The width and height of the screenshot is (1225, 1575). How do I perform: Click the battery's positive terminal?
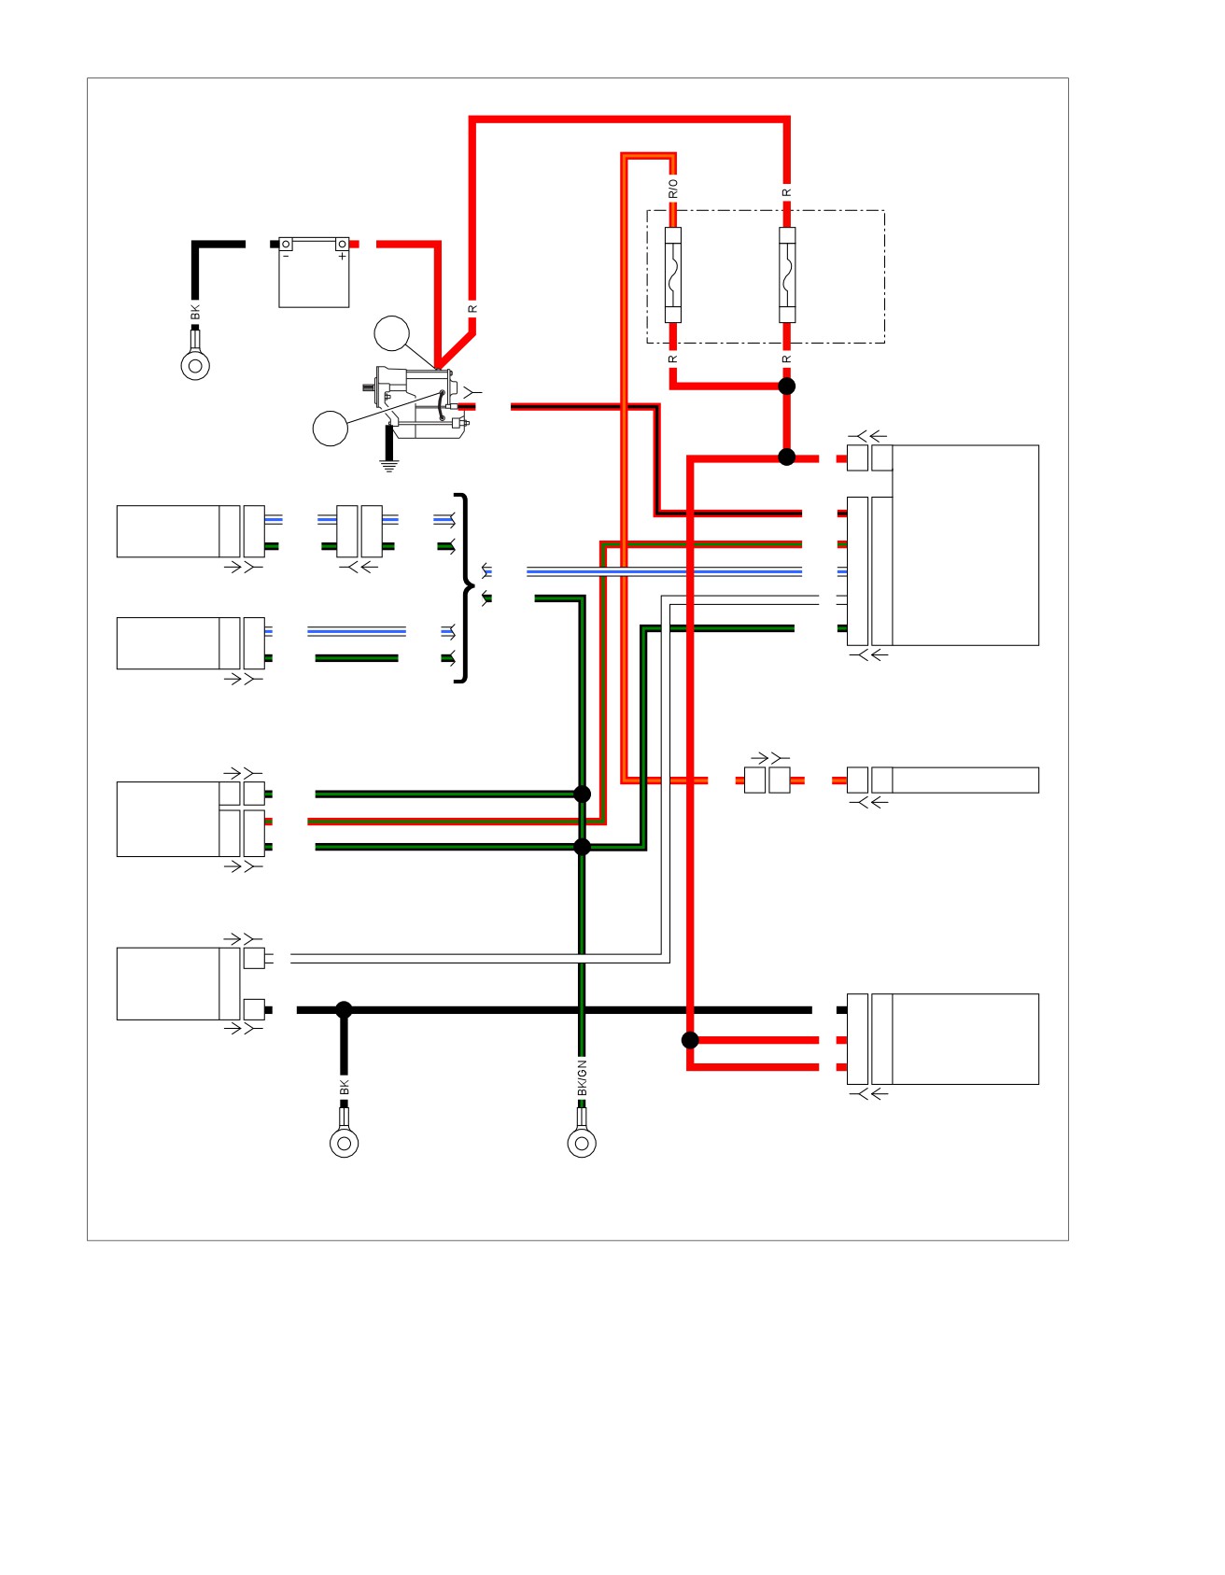[343, 244]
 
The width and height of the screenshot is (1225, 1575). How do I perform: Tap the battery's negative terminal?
[287, 244]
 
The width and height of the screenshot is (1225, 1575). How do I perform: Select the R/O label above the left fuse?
[672, 189]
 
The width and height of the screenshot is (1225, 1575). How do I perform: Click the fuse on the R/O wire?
[672, 275]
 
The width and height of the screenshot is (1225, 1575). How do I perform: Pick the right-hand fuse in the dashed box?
[787, 275]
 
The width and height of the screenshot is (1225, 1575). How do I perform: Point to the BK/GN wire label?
[582, 1078]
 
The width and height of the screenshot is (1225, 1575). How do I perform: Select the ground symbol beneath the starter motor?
[388, 465]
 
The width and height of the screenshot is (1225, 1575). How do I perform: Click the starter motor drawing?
[415, 402]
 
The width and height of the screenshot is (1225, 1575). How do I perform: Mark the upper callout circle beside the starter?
[392, 333]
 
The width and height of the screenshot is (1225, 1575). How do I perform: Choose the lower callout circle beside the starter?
[330, 428]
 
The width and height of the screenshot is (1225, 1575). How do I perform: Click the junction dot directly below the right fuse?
[787, 386]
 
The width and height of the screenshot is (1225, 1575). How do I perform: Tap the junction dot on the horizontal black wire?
[344, 1009]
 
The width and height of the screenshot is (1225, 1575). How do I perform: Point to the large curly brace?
[464, 588]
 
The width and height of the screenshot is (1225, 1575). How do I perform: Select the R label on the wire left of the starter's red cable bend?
[472, 308]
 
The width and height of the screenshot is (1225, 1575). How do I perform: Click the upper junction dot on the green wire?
[582, 794]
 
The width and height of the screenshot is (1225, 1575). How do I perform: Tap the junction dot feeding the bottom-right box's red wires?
[690, 1040]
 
